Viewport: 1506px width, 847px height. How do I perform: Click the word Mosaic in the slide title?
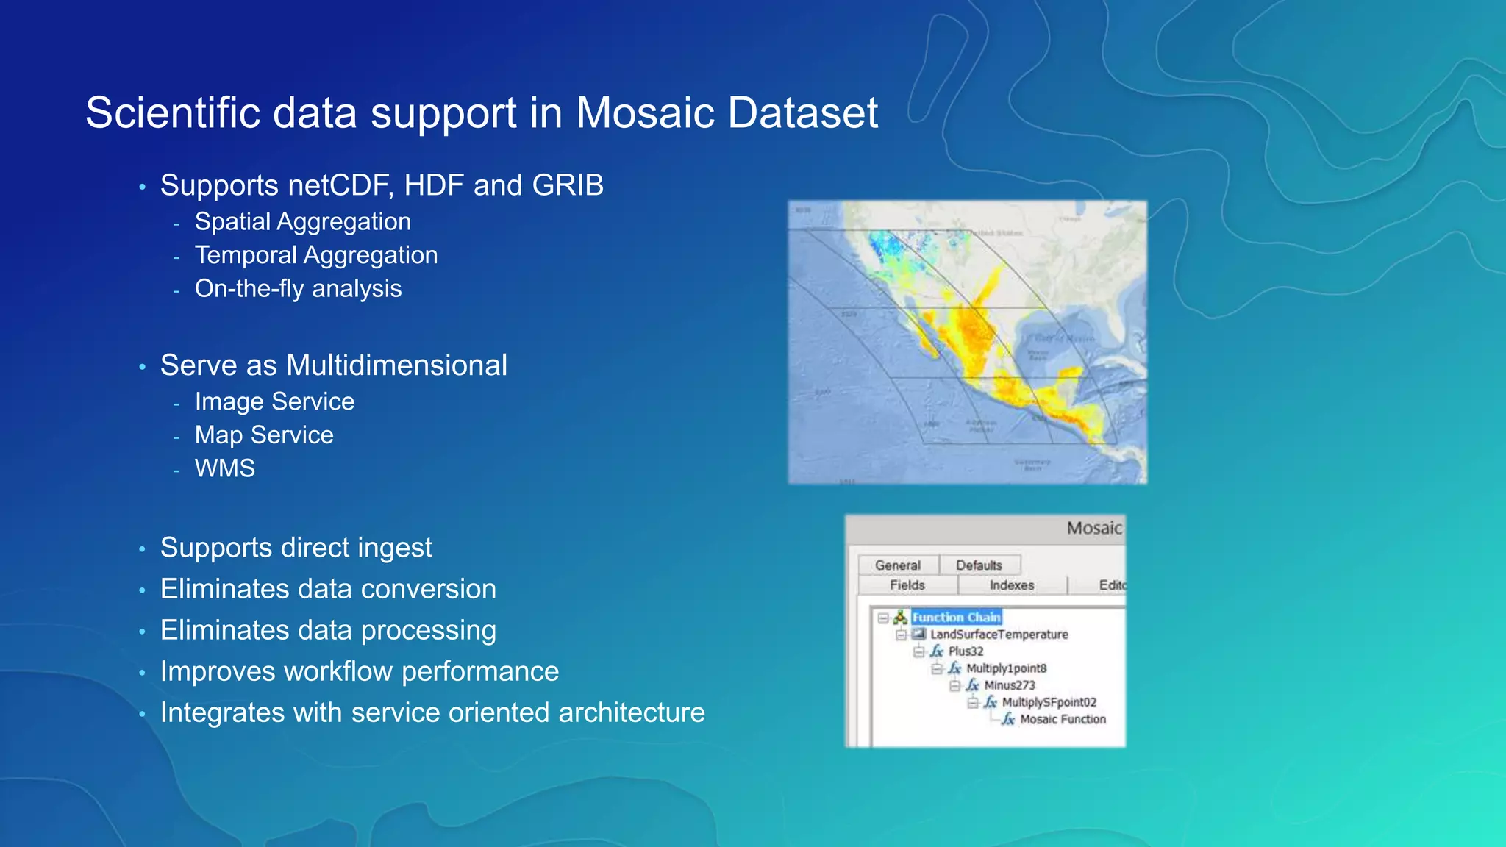(x=645, y=113)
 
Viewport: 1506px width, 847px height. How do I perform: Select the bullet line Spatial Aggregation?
(x=302, y=221)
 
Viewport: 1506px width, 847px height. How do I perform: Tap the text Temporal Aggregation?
(x=315, y=255)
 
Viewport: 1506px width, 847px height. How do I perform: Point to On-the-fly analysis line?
(x=298, y=288)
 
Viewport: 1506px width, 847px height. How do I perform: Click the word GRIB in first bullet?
(x=568, y=185)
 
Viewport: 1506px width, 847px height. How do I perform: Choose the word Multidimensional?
(x=396, y=365)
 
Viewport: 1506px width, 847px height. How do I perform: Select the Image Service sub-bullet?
(x=274, y=401)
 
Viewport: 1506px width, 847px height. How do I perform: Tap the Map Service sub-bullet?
(x=264, y=435)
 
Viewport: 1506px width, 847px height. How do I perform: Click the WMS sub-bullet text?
(x=225, y=468)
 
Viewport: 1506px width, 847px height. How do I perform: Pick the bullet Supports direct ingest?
(x=296, y=548)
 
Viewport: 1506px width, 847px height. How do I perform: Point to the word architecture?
(x=631, y=712)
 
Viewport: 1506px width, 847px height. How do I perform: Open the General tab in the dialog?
(x=897, y=565)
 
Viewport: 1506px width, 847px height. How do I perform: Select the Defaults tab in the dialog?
(x=979, y=565)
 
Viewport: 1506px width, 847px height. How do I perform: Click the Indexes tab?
(x=1011, y=585)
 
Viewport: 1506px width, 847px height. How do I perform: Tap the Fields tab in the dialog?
(x=907, y=585)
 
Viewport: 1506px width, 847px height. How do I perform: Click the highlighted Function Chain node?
(x=956, y=618)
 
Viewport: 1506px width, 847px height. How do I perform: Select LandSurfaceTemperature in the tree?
(x=999, y=635)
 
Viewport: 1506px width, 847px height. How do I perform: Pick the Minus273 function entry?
(x=1009, y=685)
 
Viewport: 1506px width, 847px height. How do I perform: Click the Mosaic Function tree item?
(x=1062, y=719)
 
